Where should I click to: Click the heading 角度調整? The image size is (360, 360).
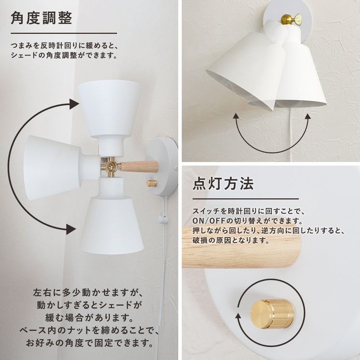(42, 18)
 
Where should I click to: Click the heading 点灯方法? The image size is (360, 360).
(223, 184)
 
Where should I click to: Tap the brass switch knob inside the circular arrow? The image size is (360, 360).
(272, 314)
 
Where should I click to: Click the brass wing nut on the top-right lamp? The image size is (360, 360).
(291, 18)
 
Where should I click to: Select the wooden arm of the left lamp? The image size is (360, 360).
(139, 166)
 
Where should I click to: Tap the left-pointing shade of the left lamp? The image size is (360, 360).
(53, 168)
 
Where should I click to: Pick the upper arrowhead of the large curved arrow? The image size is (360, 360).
(74, 104)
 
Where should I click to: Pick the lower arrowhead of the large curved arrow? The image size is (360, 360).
(71, 229)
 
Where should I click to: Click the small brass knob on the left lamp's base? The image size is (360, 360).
(152, 184)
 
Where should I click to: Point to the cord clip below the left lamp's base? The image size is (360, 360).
(162, 219)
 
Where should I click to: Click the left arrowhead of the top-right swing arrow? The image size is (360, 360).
(236, 115)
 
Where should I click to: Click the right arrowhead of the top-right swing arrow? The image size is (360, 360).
(308, 115)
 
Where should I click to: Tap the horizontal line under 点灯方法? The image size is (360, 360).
(245, 199)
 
